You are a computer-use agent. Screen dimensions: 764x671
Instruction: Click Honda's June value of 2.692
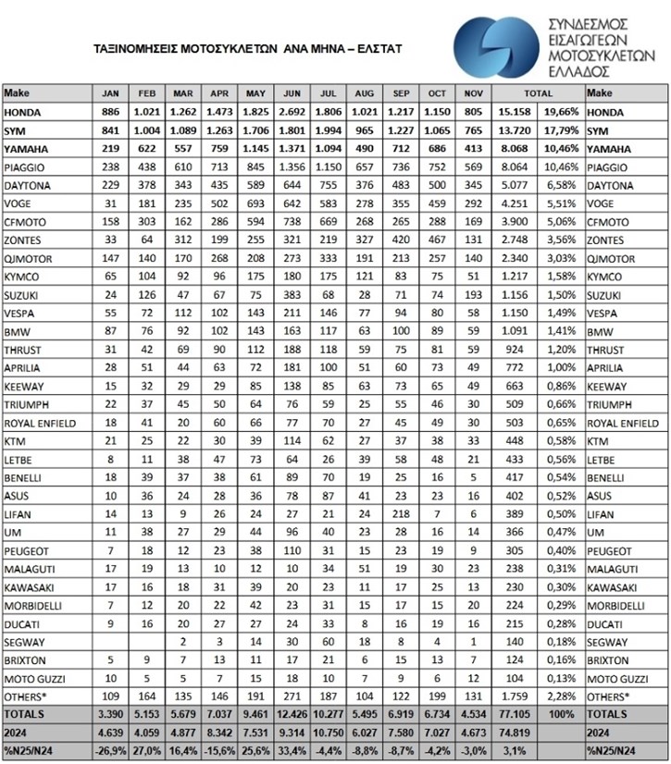click(x=291, y=113)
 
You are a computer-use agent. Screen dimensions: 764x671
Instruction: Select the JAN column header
click(x=111, y=93)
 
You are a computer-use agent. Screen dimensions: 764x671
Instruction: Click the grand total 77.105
click(x=514, y=715)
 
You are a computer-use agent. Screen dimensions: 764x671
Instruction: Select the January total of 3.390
click(x=111, y=715)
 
